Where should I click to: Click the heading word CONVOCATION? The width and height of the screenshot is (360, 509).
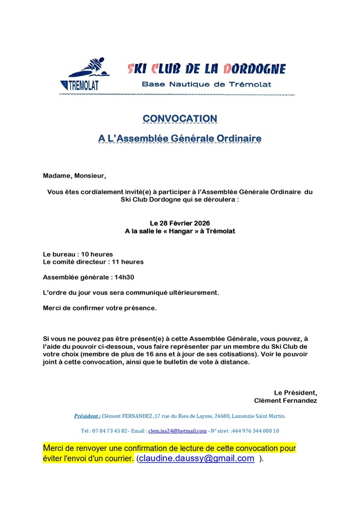point(179,118)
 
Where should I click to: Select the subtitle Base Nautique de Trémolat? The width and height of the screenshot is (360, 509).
point(206,84)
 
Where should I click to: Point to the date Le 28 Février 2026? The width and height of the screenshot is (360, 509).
point(179,223)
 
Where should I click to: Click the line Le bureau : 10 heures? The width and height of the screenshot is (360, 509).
point(78,254)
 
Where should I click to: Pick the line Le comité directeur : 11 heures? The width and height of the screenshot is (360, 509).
point(93,262)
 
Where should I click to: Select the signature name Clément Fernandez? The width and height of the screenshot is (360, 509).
point(285,400)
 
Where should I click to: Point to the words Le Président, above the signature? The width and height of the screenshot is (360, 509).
point(296,392)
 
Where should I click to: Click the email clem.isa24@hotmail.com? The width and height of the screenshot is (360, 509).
point(177,431)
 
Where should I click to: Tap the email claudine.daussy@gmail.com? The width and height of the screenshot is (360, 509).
point(197,459)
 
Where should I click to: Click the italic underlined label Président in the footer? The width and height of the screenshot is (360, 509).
point(87,416)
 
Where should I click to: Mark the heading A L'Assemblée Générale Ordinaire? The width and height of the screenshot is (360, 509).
point(179,139)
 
